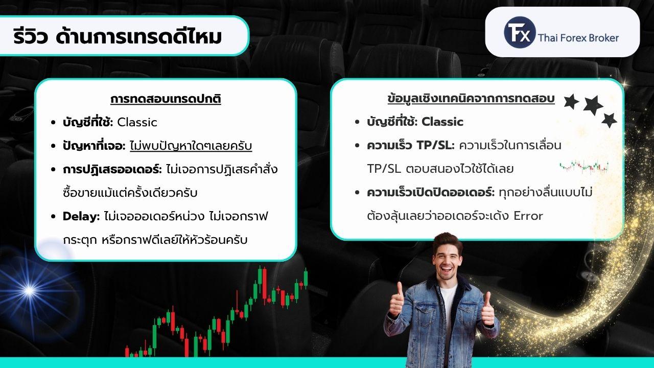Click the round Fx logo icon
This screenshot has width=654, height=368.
pyautogui.click(x=520, y=32)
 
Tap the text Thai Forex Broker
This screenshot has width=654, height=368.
pyautogui.click(x=578, y=38)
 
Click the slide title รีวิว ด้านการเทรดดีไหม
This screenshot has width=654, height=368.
pyautogui.click(x=118, y=36)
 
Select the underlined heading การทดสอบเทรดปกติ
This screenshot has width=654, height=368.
pyautogui.click(x=166, y=99)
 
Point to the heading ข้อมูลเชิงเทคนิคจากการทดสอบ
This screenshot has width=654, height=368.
pyautogui.click(x=471, y=99)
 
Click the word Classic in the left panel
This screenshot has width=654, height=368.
pyautogui.click(x=137, y=122)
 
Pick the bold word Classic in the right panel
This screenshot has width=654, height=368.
pyautogui.click(x=442, y=122)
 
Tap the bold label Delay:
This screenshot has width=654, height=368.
pyautogui.click(x=81, y=216)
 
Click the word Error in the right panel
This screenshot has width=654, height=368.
pyautogui.click(x=528, y=216)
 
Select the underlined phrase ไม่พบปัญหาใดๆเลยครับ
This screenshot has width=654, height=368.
pyautogui.click(x=191, y=146)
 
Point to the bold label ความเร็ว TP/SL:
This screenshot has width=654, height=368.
pyautogui.click(x=411, y=145)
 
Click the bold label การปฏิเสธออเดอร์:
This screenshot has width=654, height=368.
pyautogui.click(x=112, y=169)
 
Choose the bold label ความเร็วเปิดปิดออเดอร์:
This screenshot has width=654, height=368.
pyautogui.click(x=431, y=193)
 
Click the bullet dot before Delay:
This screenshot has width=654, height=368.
pyautogui.click(x=53, y=216)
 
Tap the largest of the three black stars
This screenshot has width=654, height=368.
pyautogui.click(x=593, y=105)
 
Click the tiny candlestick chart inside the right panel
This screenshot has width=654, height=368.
pyautogui.click(x=584, y=167)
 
